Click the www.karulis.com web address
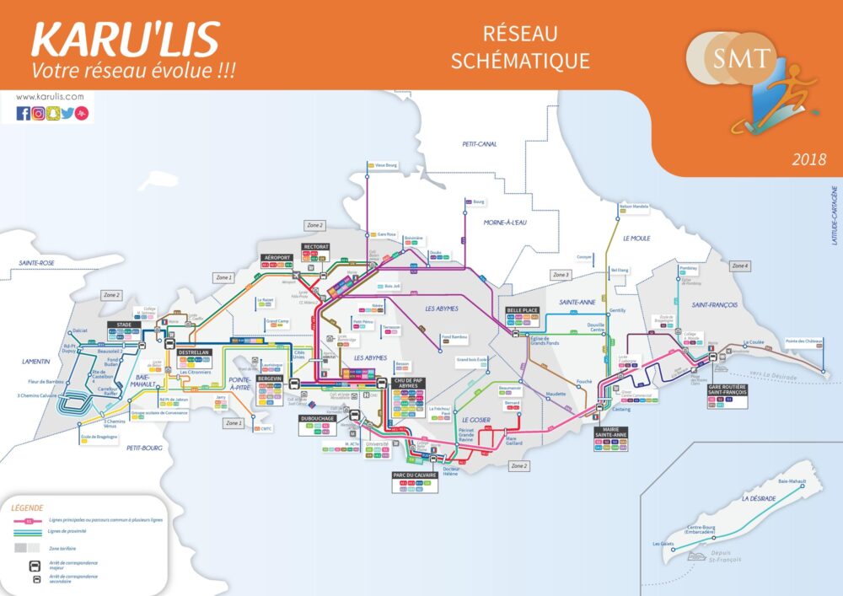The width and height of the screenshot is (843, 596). pos(50,96)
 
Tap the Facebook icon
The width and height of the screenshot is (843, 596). pos(23,113)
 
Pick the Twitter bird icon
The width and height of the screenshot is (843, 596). pos(67,113)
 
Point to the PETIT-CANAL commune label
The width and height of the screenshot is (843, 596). pos(479,144)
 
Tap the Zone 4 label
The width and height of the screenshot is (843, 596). pos(739,266)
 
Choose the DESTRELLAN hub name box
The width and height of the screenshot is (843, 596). pos(194,352)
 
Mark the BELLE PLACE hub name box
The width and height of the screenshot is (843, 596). pos(522,309)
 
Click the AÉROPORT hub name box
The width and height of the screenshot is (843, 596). pos(277,257)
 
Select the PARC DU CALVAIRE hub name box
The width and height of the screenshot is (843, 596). pos(415,475)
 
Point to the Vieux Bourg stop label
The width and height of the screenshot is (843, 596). pos(384,165)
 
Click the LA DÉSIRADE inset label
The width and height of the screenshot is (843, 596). pos(758,498)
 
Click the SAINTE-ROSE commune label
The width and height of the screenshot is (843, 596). pos(37,263)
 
